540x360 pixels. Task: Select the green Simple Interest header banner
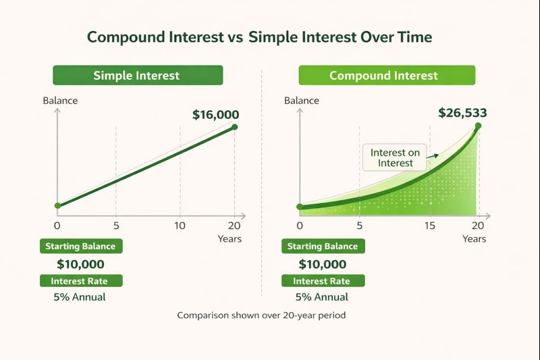coord(137,75)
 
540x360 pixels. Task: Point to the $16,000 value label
coord(216,115)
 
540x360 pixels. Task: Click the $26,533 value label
coord(462,113)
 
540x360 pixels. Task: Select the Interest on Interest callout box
coord(395,157)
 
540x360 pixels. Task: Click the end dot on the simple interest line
coord(234,127)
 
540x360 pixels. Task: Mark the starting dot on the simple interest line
coord(57,205)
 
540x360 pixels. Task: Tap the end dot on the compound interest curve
coord(478,125)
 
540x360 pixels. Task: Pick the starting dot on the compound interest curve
coord(300,206)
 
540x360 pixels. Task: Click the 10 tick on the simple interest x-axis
coord(180,225)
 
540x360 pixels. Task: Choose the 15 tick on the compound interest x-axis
coord(430,225)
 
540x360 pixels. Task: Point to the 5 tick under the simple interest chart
coord(116,225)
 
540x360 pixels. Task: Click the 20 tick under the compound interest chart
coord(478,225)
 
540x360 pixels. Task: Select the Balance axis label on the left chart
coord(60,101)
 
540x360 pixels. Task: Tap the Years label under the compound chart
coord(474,239)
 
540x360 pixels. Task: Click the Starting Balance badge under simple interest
coord(80,247)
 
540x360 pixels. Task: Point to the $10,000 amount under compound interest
coord(322,264)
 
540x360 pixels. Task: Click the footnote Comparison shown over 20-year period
coord(261,315)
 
